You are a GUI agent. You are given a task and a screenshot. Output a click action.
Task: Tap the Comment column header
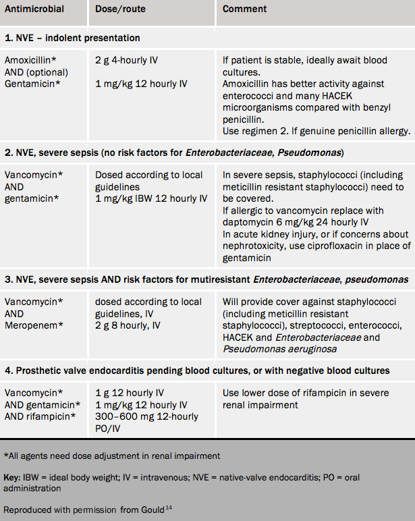(244, 9)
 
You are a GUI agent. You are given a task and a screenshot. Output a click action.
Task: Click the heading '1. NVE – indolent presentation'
(72, 38)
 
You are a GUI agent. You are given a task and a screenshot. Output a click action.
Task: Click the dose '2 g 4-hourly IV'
(126, 60)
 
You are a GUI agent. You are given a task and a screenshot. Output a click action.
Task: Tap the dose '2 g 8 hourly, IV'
(128, 325)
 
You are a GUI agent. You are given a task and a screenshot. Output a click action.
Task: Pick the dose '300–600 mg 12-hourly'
(147, 416)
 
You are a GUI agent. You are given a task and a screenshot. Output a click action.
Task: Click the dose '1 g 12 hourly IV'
(130, 393)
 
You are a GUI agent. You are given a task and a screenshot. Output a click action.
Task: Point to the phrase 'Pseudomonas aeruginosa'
(279, 349)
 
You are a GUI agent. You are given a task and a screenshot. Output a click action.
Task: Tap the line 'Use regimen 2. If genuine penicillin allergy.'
(316, 130)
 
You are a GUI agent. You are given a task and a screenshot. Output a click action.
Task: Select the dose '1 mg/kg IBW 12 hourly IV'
(151, 198)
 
